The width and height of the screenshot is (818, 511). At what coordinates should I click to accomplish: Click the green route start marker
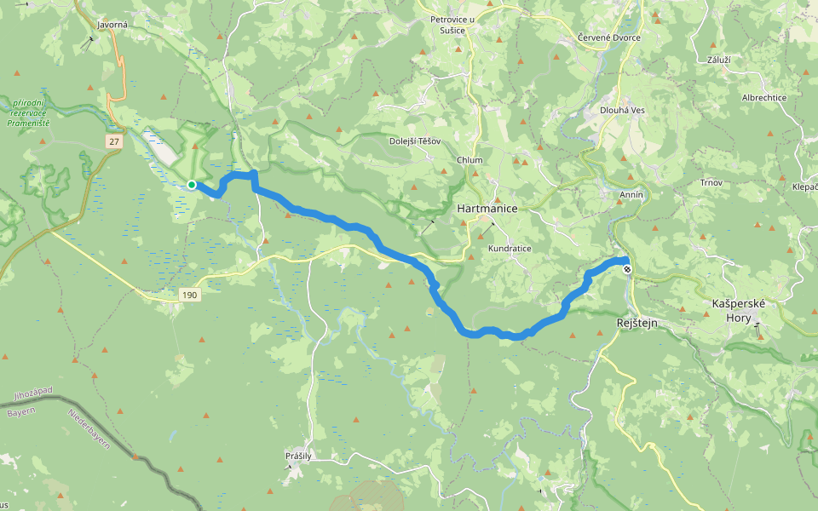pyautogui.click(x=192, y=185)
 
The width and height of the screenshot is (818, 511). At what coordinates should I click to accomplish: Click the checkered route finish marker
pyautogui.click(x=628, y=270)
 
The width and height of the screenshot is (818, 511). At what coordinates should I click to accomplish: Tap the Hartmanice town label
pyautogui.click(x=487, y=208)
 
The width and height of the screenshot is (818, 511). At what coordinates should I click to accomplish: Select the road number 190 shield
pyautogui.click(x=189, y=296)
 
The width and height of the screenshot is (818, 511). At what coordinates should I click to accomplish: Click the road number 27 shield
pyautogui.click(x=115, y=141)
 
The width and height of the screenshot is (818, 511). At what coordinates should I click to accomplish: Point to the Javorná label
pyautogui.click(x=112, y=25)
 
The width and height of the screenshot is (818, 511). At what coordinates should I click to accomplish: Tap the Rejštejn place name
pyautogui.click(x=637, y=323)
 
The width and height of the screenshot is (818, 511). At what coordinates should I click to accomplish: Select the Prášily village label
pyautogui.click(x=298, y=456)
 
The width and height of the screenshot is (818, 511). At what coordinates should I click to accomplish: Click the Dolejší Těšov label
pyautogui.click(x=415, y=141)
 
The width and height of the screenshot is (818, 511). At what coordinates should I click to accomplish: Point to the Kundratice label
pyautogui.click(x=510, y=249)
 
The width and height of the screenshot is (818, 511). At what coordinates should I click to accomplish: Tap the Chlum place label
pyautogui.click(x=469, y=160)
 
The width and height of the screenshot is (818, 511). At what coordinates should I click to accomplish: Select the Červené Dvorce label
pyautogui.click(x=608, y=38)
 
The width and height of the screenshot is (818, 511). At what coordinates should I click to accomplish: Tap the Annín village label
pyautogui.click(x=631, y=195)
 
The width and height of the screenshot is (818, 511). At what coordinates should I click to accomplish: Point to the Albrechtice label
pyautogui.click(x=763, y=98)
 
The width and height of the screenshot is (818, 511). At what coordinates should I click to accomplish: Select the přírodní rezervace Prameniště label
pyautogui.click(x=30, y=112)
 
